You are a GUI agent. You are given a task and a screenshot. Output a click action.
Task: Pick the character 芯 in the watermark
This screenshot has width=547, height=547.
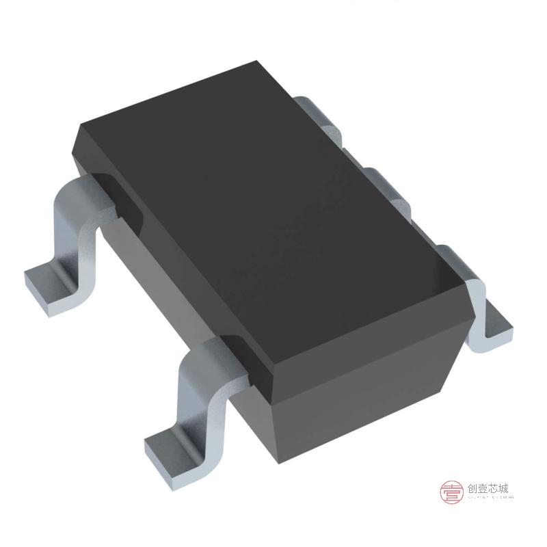pyautogui.click(x=495, y=489)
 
